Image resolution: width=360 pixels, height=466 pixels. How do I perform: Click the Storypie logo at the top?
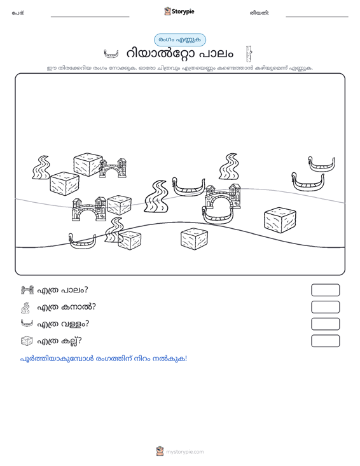coord(179,11)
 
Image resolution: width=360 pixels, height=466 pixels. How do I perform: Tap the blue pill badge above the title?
coord(180,40)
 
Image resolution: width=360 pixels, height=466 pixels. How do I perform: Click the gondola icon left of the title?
coord(111,54)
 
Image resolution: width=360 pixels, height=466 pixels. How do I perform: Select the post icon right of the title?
coord(249,54)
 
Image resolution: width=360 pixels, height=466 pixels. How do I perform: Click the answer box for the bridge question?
coord(325,290)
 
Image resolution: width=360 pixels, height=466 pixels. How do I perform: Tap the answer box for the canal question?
coord(325,307)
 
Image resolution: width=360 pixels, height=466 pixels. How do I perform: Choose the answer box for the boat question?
coord(325,324)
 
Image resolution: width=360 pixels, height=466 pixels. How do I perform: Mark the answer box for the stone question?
coord(325,341)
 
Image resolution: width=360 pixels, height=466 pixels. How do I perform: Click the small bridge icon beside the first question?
coord(27,290)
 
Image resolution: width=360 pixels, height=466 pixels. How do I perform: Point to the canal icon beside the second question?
coord(25,308)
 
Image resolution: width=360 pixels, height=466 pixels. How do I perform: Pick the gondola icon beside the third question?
coord(27,323)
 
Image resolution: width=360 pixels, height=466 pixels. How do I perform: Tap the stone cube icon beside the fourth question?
coord(27,341)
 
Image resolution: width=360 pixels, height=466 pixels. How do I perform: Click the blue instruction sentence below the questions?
coord(104,359)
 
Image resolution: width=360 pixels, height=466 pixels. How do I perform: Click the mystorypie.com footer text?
coord(185,452)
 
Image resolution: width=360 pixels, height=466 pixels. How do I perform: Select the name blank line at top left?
coord(90,17)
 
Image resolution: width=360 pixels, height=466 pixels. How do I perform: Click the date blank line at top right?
coord(317,17)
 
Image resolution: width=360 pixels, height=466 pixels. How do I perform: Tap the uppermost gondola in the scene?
coord(321,165)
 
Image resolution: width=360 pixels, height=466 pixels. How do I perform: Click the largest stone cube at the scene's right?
coord(280,220)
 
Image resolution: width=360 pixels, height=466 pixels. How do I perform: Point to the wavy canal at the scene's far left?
coord(41,168)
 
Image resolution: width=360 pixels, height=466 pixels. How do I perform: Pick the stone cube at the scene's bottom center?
coord(194,239)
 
